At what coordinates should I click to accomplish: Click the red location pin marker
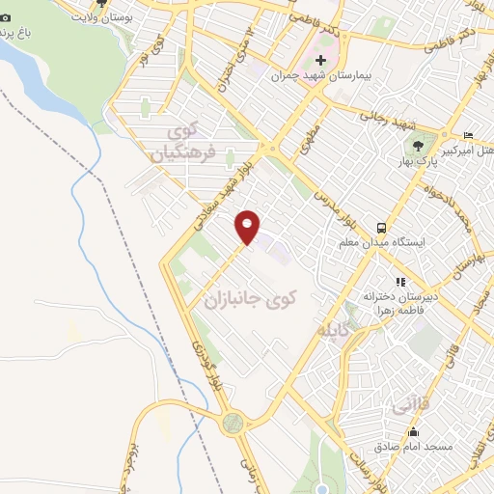248,226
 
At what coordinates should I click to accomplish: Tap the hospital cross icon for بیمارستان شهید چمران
321,61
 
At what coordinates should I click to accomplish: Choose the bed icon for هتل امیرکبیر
468,135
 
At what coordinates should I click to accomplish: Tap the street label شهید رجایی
387,121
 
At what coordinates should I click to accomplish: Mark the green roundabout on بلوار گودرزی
233,421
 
